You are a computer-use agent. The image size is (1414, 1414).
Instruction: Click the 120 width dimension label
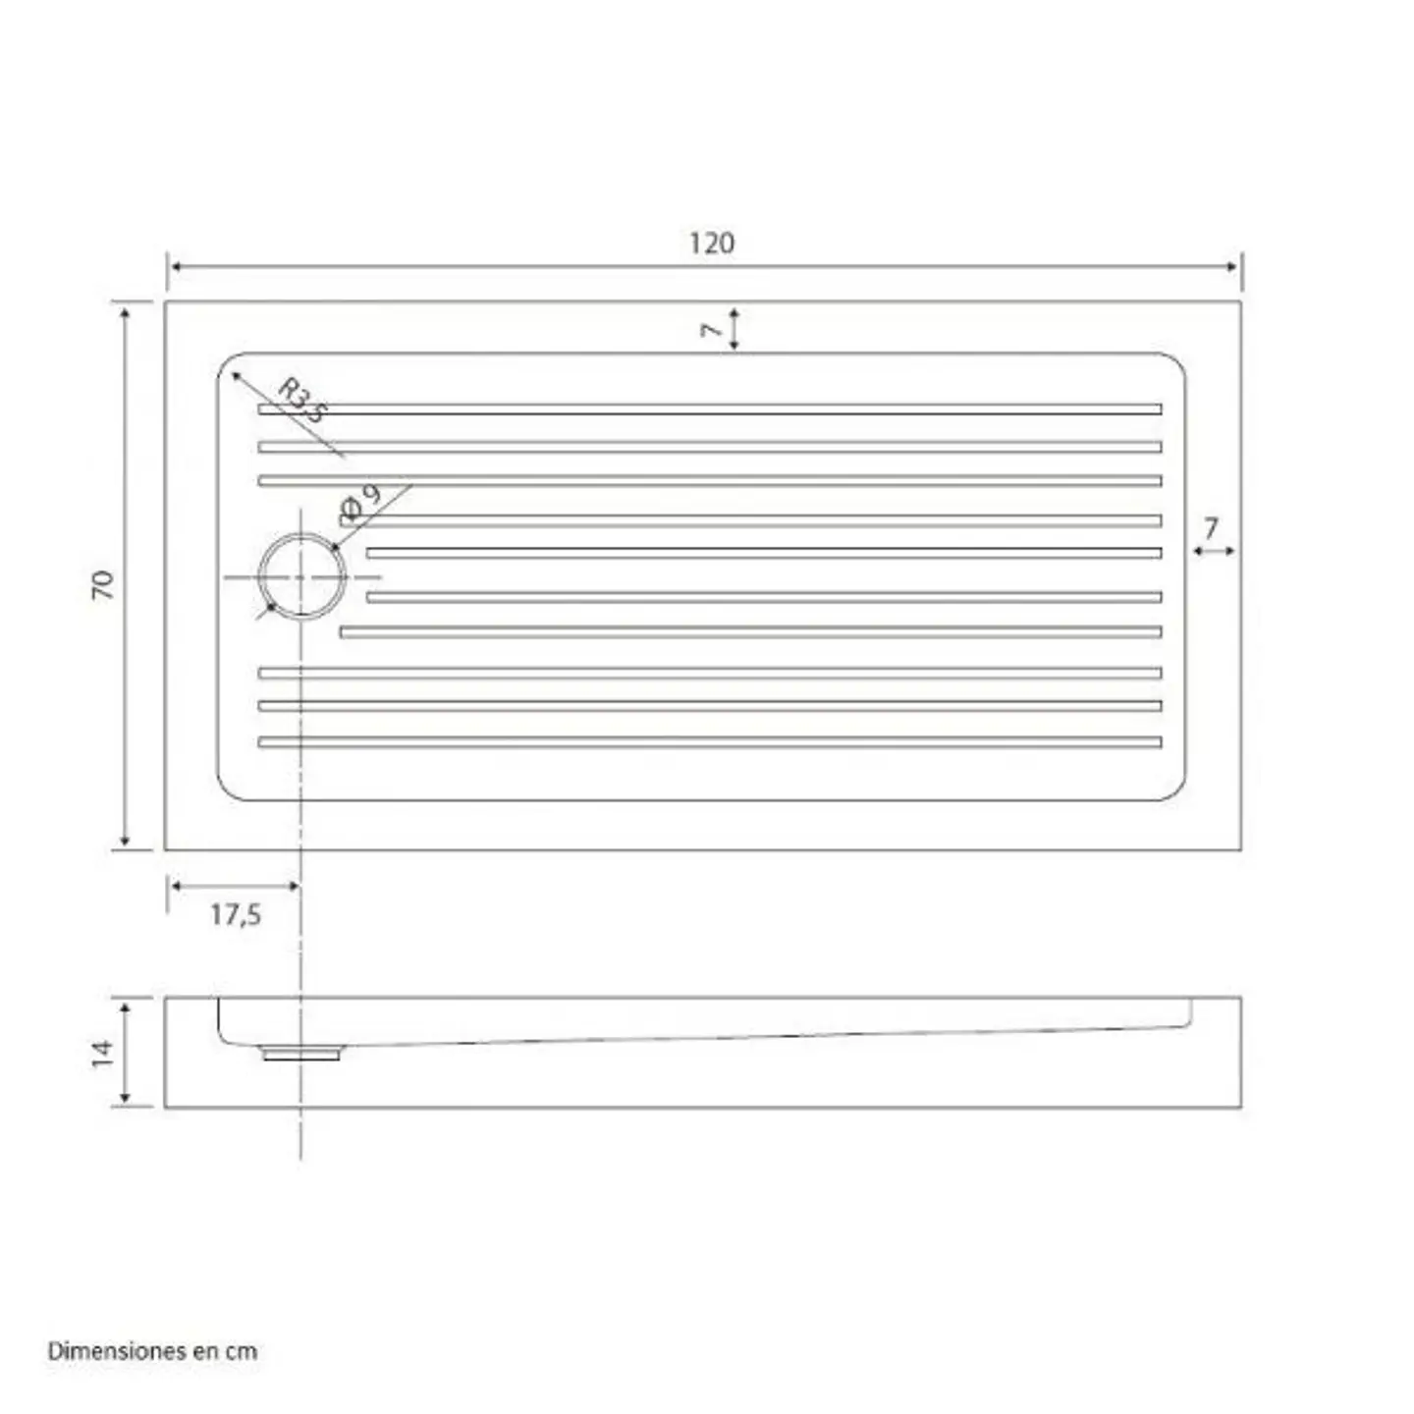coord(711,243)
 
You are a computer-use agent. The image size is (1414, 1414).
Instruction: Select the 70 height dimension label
coord(103,585)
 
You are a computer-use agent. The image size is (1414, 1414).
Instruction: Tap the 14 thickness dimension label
coord(103,1054)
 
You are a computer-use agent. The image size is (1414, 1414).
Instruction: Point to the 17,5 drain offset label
coord(236,915)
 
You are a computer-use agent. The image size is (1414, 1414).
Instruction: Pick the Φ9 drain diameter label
coord(360,504)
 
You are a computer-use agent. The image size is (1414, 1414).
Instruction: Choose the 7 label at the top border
coord(711,331)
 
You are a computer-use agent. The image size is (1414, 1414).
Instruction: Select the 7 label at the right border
coord(1211,527)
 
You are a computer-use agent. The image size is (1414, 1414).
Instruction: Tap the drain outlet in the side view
coord(301,1054)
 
